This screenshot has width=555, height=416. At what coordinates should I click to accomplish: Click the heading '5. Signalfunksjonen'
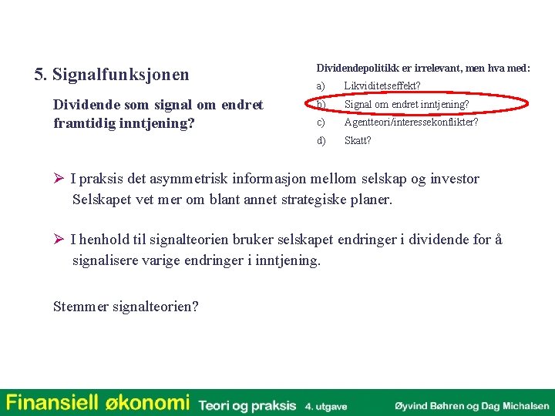pyautogui.click(x=112, y=75)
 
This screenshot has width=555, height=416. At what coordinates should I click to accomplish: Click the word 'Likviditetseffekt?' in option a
pyautogui.click(x=382, y=86)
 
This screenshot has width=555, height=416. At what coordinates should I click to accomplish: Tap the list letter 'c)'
pyautogui.click(x=321, y=122)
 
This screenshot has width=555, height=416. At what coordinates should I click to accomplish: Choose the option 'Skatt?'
pyautogui.click(x=358, y=141)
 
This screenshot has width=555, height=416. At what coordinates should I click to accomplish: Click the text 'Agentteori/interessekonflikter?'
pyautogui.click(x=411, y=122)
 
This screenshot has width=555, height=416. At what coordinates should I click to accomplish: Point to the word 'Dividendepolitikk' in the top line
pyautogui.click(x=354, y=69)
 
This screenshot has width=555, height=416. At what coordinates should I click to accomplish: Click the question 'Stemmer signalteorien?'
pyautogui.click(x=126, y=307)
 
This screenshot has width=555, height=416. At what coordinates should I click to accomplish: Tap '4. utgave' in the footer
pyautogui.click(x=326, y=405)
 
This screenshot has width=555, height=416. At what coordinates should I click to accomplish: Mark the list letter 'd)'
pyautogui.click(x=321, y=141)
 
